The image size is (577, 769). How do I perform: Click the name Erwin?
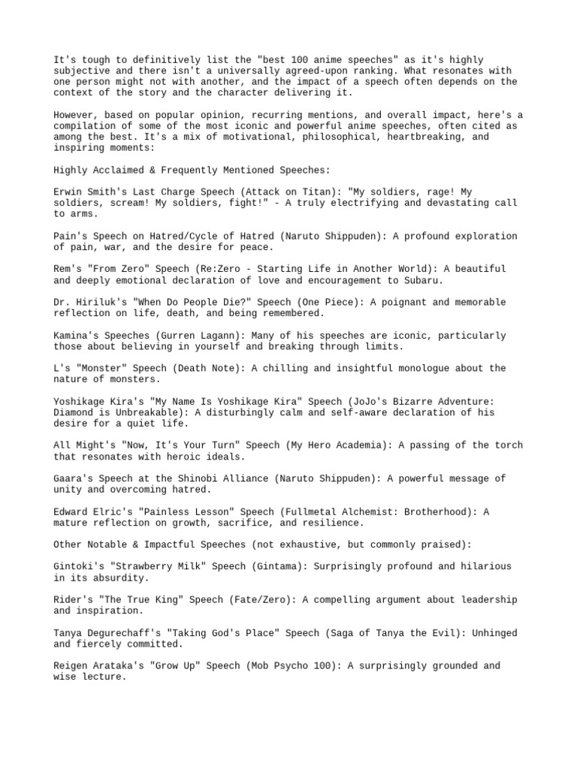point(68,192)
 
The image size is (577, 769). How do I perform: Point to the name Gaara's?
point(74,478)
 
